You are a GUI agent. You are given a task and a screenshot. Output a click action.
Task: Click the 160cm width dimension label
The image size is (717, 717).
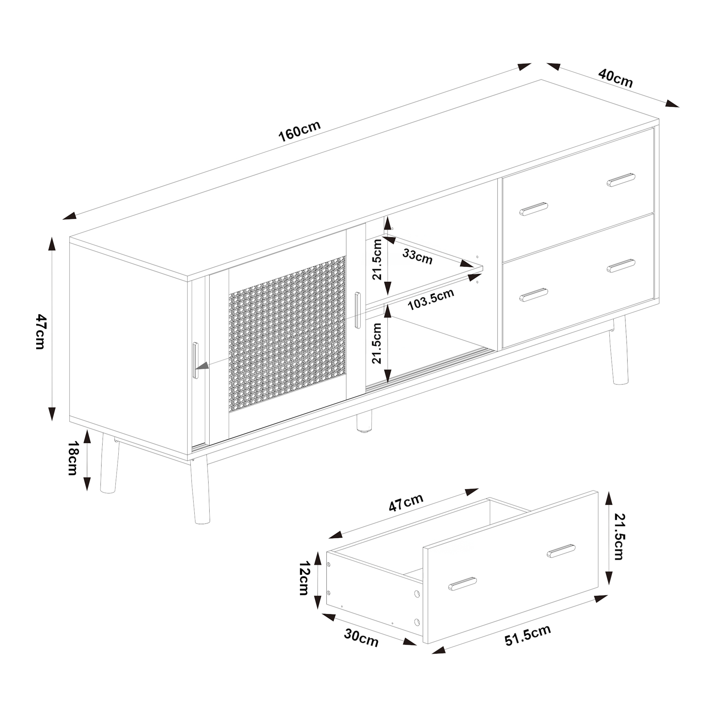point(299,131)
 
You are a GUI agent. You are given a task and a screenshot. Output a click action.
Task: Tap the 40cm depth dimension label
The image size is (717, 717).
point(616,79)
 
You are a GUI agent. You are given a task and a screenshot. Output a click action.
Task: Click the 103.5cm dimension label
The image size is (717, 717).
point(431,299)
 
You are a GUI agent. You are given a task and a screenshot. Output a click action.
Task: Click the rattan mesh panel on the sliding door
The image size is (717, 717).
point(287,333)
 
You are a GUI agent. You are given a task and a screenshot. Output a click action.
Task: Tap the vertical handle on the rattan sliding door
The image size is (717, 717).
point(357,310)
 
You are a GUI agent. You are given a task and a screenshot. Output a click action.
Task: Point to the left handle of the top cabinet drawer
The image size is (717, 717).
point(534,209)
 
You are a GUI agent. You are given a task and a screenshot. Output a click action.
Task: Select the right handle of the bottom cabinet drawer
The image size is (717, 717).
point(621,266)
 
